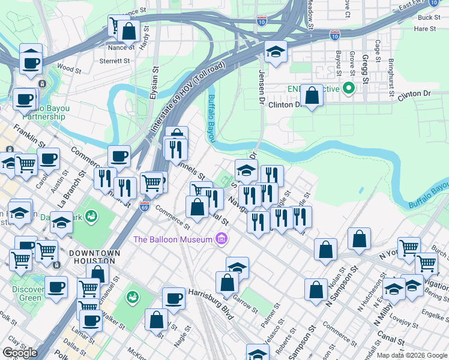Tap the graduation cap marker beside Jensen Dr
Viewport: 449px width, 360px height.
tap(276, 52)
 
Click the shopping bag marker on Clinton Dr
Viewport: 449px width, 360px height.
tap(312, 95)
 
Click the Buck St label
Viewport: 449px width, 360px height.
tap(429, 17)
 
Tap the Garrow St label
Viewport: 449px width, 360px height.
tap(246, 305)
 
